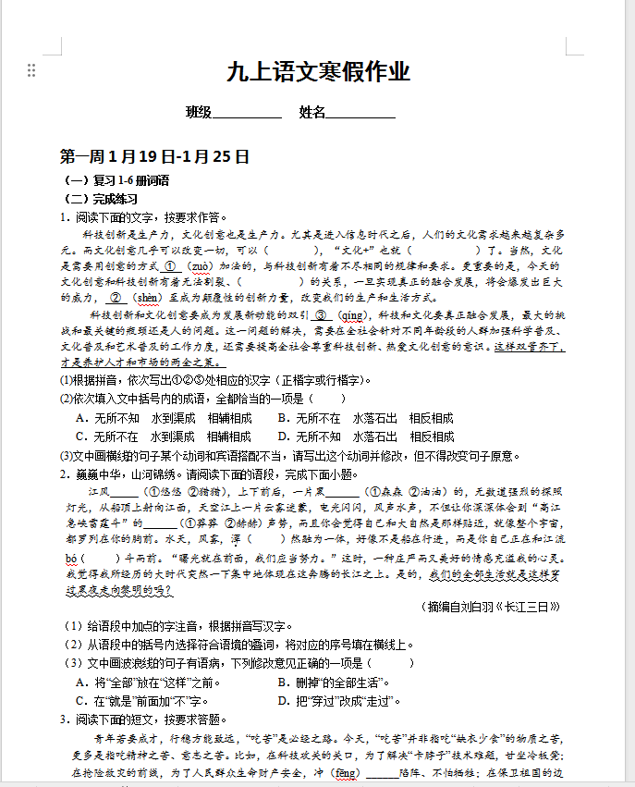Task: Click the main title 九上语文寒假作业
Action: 318,71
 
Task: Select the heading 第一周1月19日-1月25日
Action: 154,156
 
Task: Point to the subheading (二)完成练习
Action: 100,199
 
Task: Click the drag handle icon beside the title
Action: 31,70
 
